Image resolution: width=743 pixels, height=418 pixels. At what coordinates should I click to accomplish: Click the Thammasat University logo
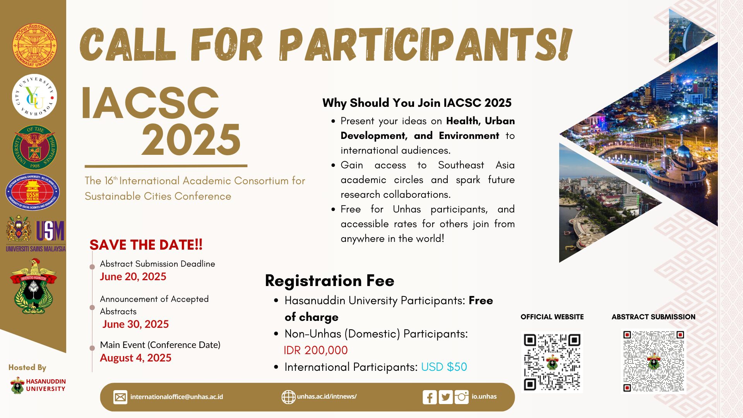[34, 45]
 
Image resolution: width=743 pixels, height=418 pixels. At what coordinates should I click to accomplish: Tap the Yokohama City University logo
[34, 96]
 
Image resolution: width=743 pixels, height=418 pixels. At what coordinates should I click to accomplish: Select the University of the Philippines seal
[34, 147]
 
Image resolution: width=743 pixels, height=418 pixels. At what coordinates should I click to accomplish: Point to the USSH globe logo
[33, 192]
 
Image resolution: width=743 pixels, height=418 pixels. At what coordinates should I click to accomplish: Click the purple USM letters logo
[50, 231]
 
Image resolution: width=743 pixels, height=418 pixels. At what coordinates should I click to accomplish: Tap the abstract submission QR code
[654, 361]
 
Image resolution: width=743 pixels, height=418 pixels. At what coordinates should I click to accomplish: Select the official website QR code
[552, 362]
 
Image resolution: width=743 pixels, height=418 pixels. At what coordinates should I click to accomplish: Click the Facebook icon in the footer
[430, 397]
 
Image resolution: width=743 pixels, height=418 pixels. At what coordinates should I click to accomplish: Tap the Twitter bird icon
[446, 397]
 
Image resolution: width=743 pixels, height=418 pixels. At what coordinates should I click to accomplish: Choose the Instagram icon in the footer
[461, 397]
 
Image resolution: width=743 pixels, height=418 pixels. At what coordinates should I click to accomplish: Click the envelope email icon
[120, 397]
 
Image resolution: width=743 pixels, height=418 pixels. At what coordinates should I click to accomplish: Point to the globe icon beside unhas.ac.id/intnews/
[288, 397]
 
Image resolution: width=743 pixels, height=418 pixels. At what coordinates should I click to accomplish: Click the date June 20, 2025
[133, 277]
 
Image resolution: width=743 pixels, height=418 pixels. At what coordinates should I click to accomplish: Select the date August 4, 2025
[135, 358]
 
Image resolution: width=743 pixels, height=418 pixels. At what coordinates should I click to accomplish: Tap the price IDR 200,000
[316, 350]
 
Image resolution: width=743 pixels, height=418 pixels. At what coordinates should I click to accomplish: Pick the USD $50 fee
[444, 367]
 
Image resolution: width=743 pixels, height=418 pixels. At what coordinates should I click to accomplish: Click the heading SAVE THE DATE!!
[146, 245]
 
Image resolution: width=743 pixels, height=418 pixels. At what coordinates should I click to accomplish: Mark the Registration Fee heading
[330, 281]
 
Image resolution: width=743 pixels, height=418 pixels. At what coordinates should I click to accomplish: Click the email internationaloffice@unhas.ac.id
[176, 397]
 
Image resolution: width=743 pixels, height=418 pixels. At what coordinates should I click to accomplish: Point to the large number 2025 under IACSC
[191, 140]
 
